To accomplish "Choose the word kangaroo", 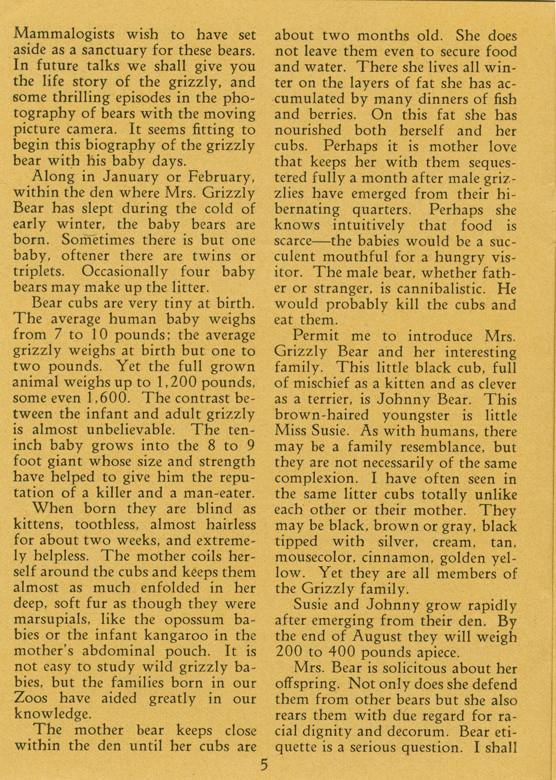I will click(191, 635).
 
